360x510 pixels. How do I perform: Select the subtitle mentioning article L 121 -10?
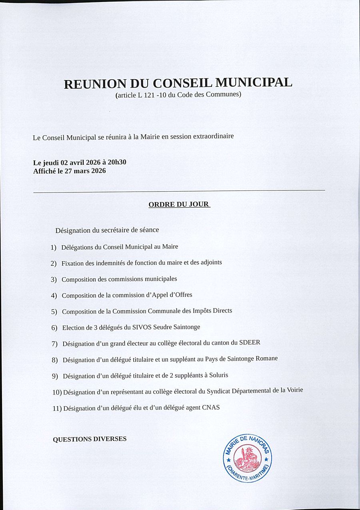pyautogui.click(x=178, y=95)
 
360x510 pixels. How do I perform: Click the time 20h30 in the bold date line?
pyautogui.click(x=117, y=162)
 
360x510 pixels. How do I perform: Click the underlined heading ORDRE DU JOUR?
pyautogui.click(x=179, y=204)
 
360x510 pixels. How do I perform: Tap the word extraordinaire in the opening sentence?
pyautogui.click(x=214, y=136)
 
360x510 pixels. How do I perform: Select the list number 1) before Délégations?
pyautogui.click(x=54, y=248)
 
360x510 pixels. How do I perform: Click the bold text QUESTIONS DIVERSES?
pyautogui.click(x=90, y=439)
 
